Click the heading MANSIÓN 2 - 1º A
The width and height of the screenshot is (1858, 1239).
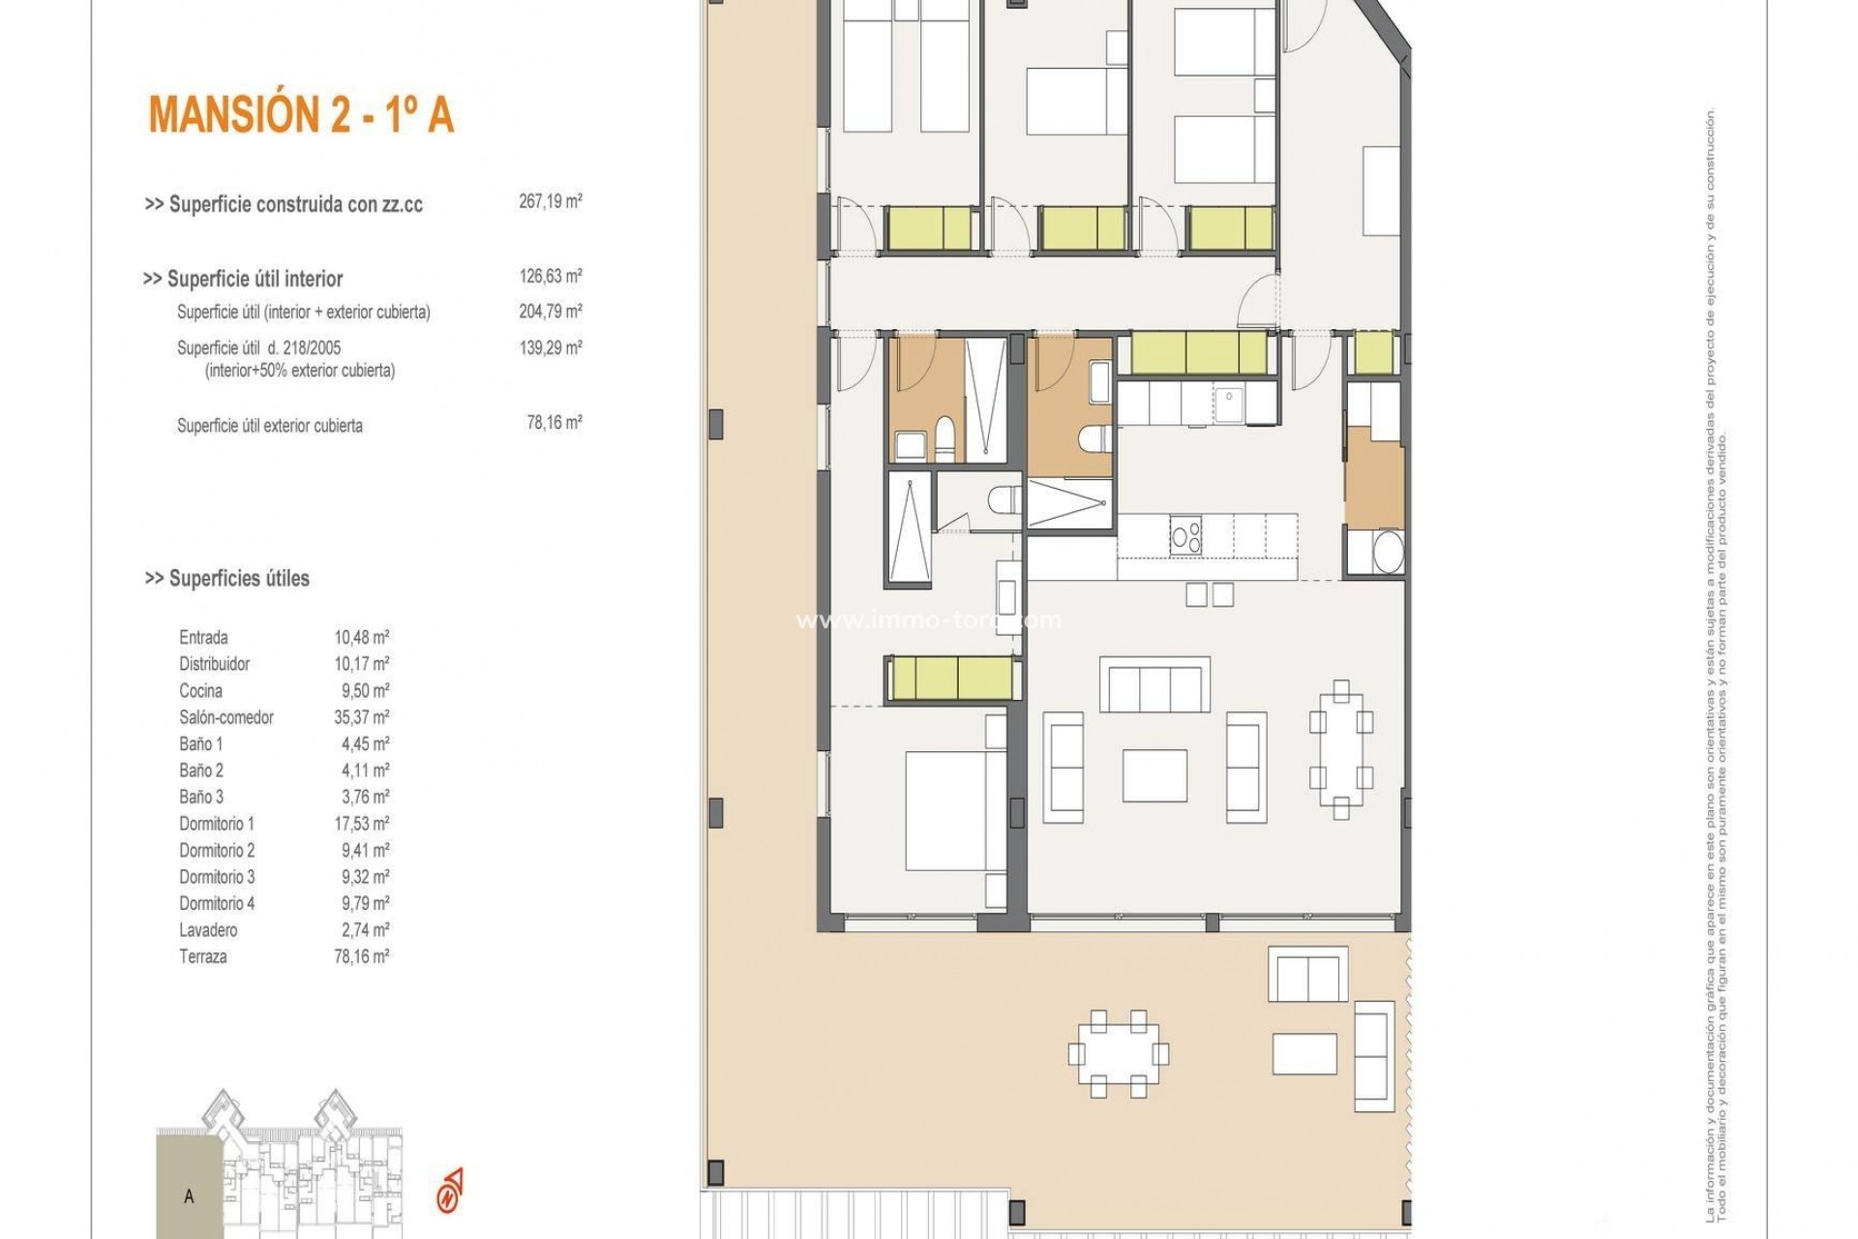pos(301,114)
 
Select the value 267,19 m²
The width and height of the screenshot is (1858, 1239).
pos(550,201)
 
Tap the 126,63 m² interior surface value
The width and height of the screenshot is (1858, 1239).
pos(550,276)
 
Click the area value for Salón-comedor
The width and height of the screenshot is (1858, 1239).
pos(361,717)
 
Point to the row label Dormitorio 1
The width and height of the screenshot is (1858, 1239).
pos(216,824)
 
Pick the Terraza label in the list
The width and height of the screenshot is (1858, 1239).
pos(202,956)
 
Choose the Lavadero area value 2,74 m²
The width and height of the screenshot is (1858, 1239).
pos(361,930)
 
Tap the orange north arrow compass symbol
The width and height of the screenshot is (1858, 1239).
pos(450,1190)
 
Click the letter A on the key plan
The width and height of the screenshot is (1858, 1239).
pos(189,1196)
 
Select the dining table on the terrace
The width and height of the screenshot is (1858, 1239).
pos(1118,1054)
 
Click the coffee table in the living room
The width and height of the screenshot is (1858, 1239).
pos(1154,774)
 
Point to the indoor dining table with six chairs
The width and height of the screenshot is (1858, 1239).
pos(1340,749)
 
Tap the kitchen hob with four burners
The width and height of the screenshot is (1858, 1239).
pos(1186,535)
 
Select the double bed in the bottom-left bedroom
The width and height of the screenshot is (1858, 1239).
pos(945,811)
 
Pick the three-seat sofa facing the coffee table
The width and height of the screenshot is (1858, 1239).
pos(1154,684)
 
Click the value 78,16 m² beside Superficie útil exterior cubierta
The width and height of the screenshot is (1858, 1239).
pos(554,423)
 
